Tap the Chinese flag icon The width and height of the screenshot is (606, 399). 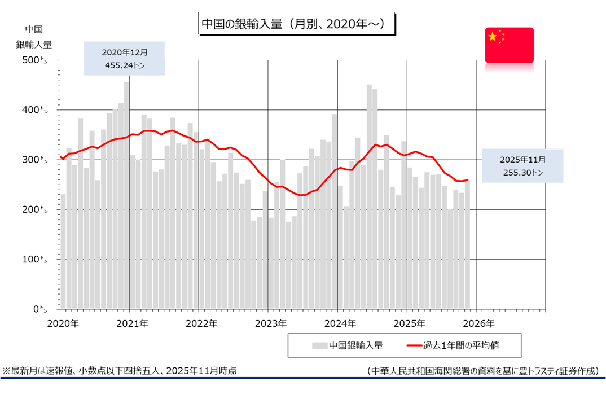pos(509,45)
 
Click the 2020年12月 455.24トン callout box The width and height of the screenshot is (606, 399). pos(125,58)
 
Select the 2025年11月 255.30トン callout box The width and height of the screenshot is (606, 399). pos(522,165)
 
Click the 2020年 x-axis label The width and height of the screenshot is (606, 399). pos(62,324)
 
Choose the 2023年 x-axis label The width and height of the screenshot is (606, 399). pos(270,324)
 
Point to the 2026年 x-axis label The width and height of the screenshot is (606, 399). pos(478,324)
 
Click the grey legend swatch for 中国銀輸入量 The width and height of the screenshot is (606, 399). pos(319,345)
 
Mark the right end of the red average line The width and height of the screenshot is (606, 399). pos(468,180)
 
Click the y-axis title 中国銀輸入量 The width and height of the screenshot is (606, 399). pos(34,37)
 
